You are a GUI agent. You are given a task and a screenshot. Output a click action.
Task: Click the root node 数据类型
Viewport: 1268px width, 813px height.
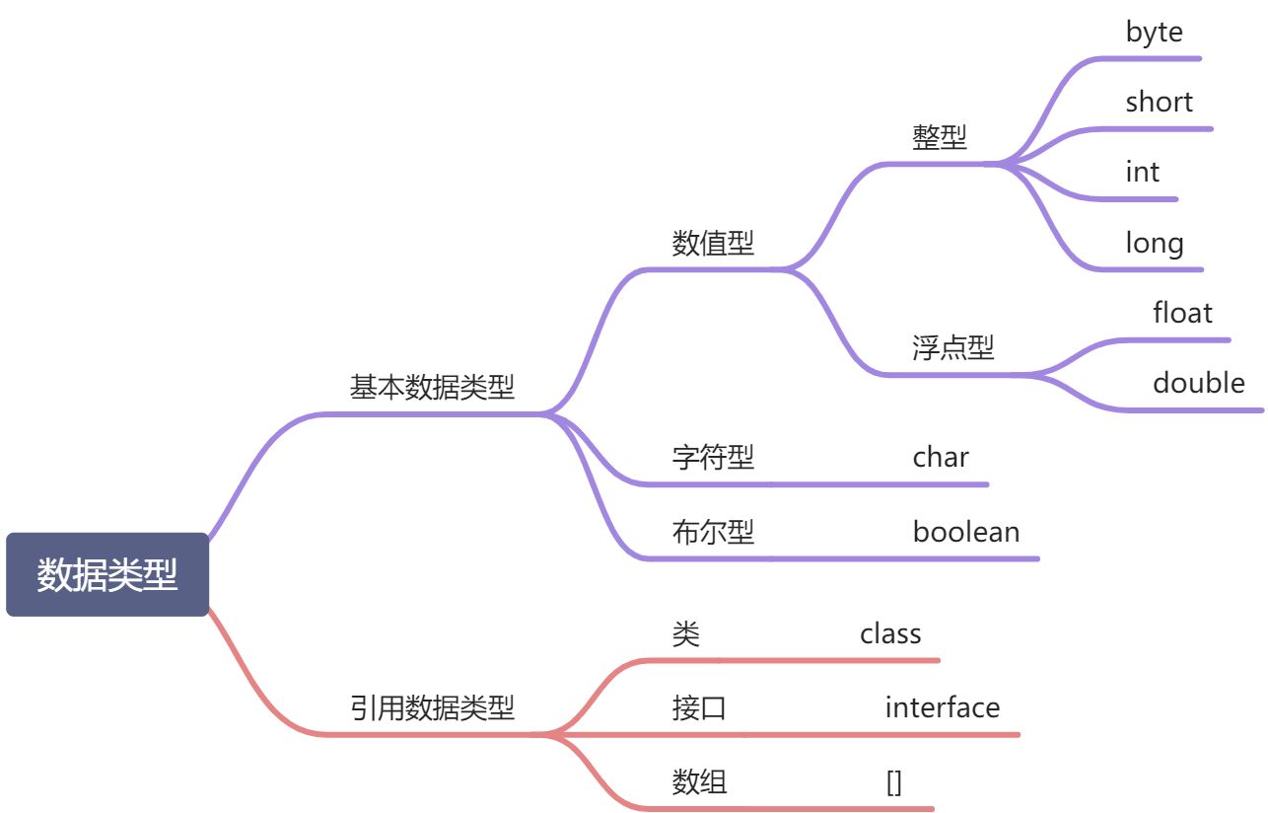(x=107, y=575)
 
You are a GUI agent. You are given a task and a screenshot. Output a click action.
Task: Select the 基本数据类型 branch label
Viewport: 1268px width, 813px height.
(x=432, y=387)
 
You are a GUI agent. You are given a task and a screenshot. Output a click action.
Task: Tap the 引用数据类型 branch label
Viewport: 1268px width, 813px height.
(x=432, y=707)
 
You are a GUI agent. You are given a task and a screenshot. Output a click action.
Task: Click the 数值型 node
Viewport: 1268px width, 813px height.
(x=713, y=243)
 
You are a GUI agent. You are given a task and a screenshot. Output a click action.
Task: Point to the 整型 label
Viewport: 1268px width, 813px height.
(x=940, y=137)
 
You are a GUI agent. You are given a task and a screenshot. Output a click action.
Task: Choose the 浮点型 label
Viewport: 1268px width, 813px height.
(x=953, y=347)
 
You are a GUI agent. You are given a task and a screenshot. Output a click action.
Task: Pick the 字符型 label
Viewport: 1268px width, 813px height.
(x=713, y=457)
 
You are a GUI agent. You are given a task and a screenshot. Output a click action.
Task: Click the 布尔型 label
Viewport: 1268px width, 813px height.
(x=713, y=533)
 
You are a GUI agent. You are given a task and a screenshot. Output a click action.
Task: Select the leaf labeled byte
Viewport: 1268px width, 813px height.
(x=1154, y=32)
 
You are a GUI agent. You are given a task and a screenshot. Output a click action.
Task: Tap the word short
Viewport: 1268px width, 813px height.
(x=1159, y=102)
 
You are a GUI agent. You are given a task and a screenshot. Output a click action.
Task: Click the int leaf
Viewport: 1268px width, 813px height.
(x=1142, y=172)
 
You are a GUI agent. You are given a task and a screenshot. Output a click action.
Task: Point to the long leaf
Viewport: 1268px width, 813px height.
(x=1154, y=243)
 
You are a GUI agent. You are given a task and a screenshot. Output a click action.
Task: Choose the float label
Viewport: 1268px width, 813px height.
(x=1182, y=313)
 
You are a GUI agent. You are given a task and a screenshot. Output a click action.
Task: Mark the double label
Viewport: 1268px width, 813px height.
(x=1198, y=383)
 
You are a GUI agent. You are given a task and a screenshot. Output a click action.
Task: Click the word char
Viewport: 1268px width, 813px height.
(x=941, y=457)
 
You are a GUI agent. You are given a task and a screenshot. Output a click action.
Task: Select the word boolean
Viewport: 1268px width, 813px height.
(x=966, y=533)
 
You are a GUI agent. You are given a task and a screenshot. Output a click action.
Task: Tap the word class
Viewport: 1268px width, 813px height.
(x=890, y=633)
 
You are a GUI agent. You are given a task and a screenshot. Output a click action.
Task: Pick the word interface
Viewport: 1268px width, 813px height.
(x=942, y=707)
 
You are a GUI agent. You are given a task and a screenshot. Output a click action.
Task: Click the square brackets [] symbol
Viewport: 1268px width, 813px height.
(x=894, y=783)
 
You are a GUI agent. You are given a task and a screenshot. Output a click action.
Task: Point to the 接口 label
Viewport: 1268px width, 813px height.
(x=699, y=707)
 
